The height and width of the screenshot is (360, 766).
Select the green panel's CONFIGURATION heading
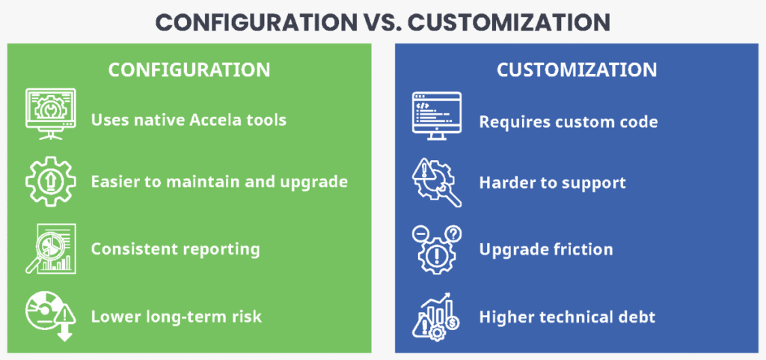(x=189, y=70)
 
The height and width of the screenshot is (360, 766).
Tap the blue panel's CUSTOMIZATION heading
(x=577, y=70)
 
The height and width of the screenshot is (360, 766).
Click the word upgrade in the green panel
(x=314, y=182)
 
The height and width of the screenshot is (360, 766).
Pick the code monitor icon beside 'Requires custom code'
(x=434, y=114)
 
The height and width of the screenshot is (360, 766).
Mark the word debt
(x=635, y=317)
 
